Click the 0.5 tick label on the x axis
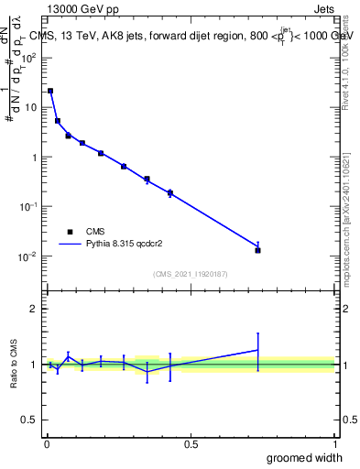(x=191, y=442)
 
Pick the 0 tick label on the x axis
(x=47, y=442)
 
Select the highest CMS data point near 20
(x=50, y=91)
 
